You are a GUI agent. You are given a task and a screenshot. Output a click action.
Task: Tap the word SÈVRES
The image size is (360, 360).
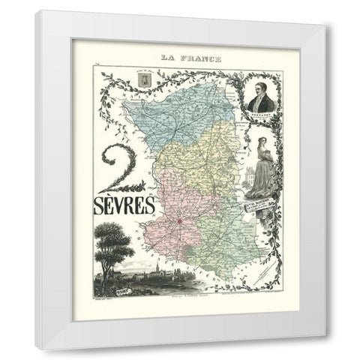(x=125, y=203)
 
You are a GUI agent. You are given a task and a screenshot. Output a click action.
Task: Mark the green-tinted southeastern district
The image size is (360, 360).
(x=225, y=225)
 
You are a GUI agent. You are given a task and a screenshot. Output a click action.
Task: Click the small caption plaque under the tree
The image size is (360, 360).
(x=109, y=283)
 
